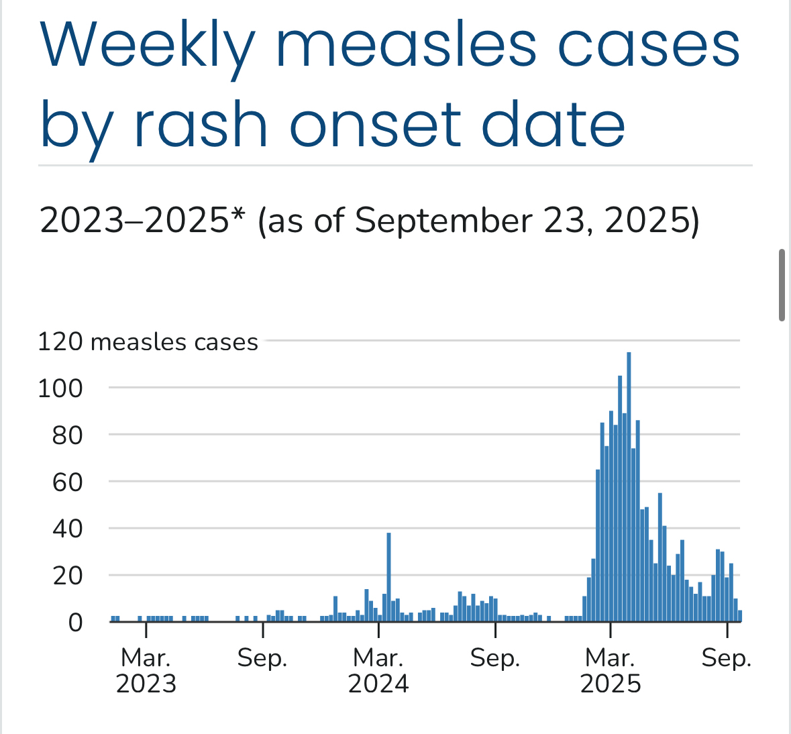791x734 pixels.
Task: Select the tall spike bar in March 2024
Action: pyautogui.click(x=388, y=577)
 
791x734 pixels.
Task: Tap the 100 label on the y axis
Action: pyautogui.click(x=60, y=388)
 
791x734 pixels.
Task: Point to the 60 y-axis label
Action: pyautogui.click(x=68, y=482)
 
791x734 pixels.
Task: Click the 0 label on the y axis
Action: pyautogui.click(x=75, y=622)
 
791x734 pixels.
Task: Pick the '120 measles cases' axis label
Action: pyautogui.click(x=148, y=342)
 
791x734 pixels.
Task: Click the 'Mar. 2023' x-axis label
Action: pyautogui.click(x=146, y=670)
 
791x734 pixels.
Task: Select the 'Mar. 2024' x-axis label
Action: pyautogui.click(x=378, y=670)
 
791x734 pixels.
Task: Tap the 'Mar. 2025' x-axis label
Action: pyautogui.click(x=611, y=670)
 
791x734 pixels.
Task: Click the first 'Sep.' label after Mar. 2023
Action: pyautogui.click(x=262, y=658)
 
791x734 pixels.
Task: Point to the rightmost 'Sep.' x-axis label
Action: pyautogui.click(x=727, y=658)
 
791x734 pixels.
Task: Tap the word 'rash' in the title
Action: pyautogui.click(x=201, y=125)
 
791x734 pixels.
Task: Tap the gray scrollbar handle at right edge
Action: pyautogui.click(x=782, y=285)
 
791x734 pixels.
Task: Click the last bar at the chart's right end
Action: pyautogui.click(x=740, y=616)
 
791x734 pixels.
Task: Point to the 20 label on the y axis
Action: pyautogui.click(x=68, y=575)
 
